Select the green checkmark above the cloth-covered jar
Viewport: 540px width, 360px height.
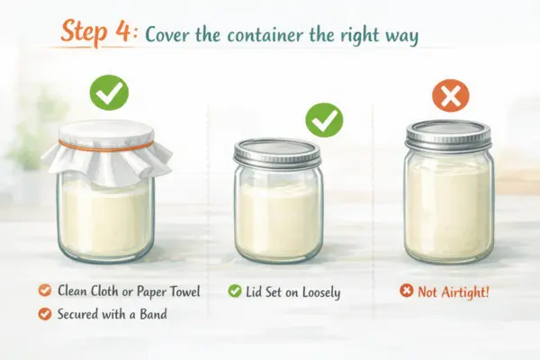click(109, 92)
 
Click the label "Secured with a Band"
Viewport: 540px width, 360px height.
click(110, 313)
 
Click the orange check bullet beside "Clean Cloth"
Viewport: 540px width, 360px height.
click(44, 291)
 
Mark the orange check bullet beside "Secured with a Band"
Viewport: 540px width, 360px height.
click(44, 313)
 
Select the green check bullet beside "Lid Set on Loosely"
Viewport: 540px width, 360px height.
click(234, 291)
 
